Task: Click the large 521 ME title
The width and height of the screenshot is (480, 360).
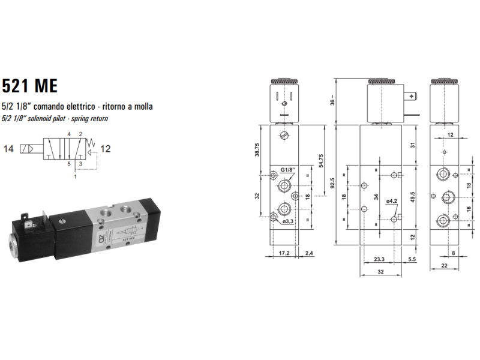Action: coord(29,86)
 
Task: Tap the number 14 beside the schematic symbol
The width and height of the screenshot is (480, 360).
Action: coord(8,148)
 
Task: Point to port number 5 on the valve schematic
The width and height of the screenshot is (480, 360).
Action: coord(68,163)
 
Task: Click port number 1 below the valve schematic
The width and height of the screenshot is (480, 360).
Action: coord(75,177)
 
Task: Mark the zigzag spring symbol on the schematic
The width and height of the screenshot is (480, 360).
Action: coord(92,144)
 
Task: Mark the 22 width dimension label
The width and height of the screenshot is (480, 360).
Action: coord(444,265)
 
